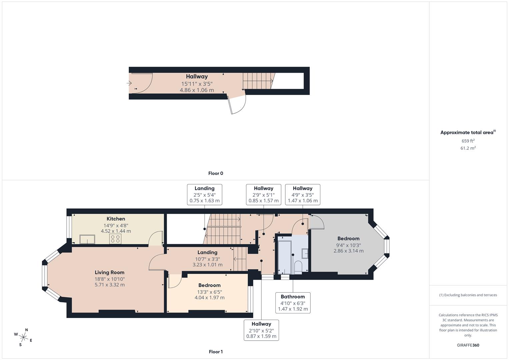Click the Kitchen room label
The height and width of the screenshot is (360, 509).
(116, 219)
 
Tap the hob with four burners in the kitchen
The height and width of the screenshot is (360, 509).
(115, 239)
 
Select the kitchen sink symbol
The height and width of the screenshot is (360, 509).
(87, 239)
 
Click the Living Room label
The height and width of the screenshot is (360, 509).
(109, 272)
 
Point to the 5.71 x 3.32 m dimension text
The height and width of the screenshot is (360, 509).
(109, 285)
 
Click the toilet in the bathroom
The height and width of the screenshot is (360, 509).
(298, 267)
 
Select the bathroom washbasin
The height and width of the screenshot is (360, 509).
(305, 254)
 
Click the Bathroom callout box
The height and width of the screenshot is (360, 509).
(293, 303)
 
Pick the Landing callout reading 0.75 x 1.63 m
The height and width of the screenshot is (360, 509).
(204, 194)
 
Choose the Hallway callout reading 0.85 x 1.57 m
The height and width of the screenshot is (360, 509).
(263, 194)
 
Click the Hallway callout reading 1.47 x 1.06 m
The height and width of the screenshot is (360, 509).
(302, 194)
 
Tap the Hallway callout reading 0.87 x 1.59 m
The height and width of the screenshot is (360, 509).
(261, 330)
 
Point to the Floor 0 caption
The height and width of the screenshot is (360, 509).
(216, 173)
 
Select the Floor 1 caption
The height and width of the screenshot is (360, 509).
(216, 352)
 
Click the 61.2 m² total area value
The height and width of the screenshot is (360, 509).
(468, 148)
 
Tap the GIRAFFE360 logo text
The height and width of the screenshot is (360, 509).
(468, 345)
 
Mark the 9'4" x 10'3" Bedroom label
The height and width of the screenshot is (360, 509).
(348, 245)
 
